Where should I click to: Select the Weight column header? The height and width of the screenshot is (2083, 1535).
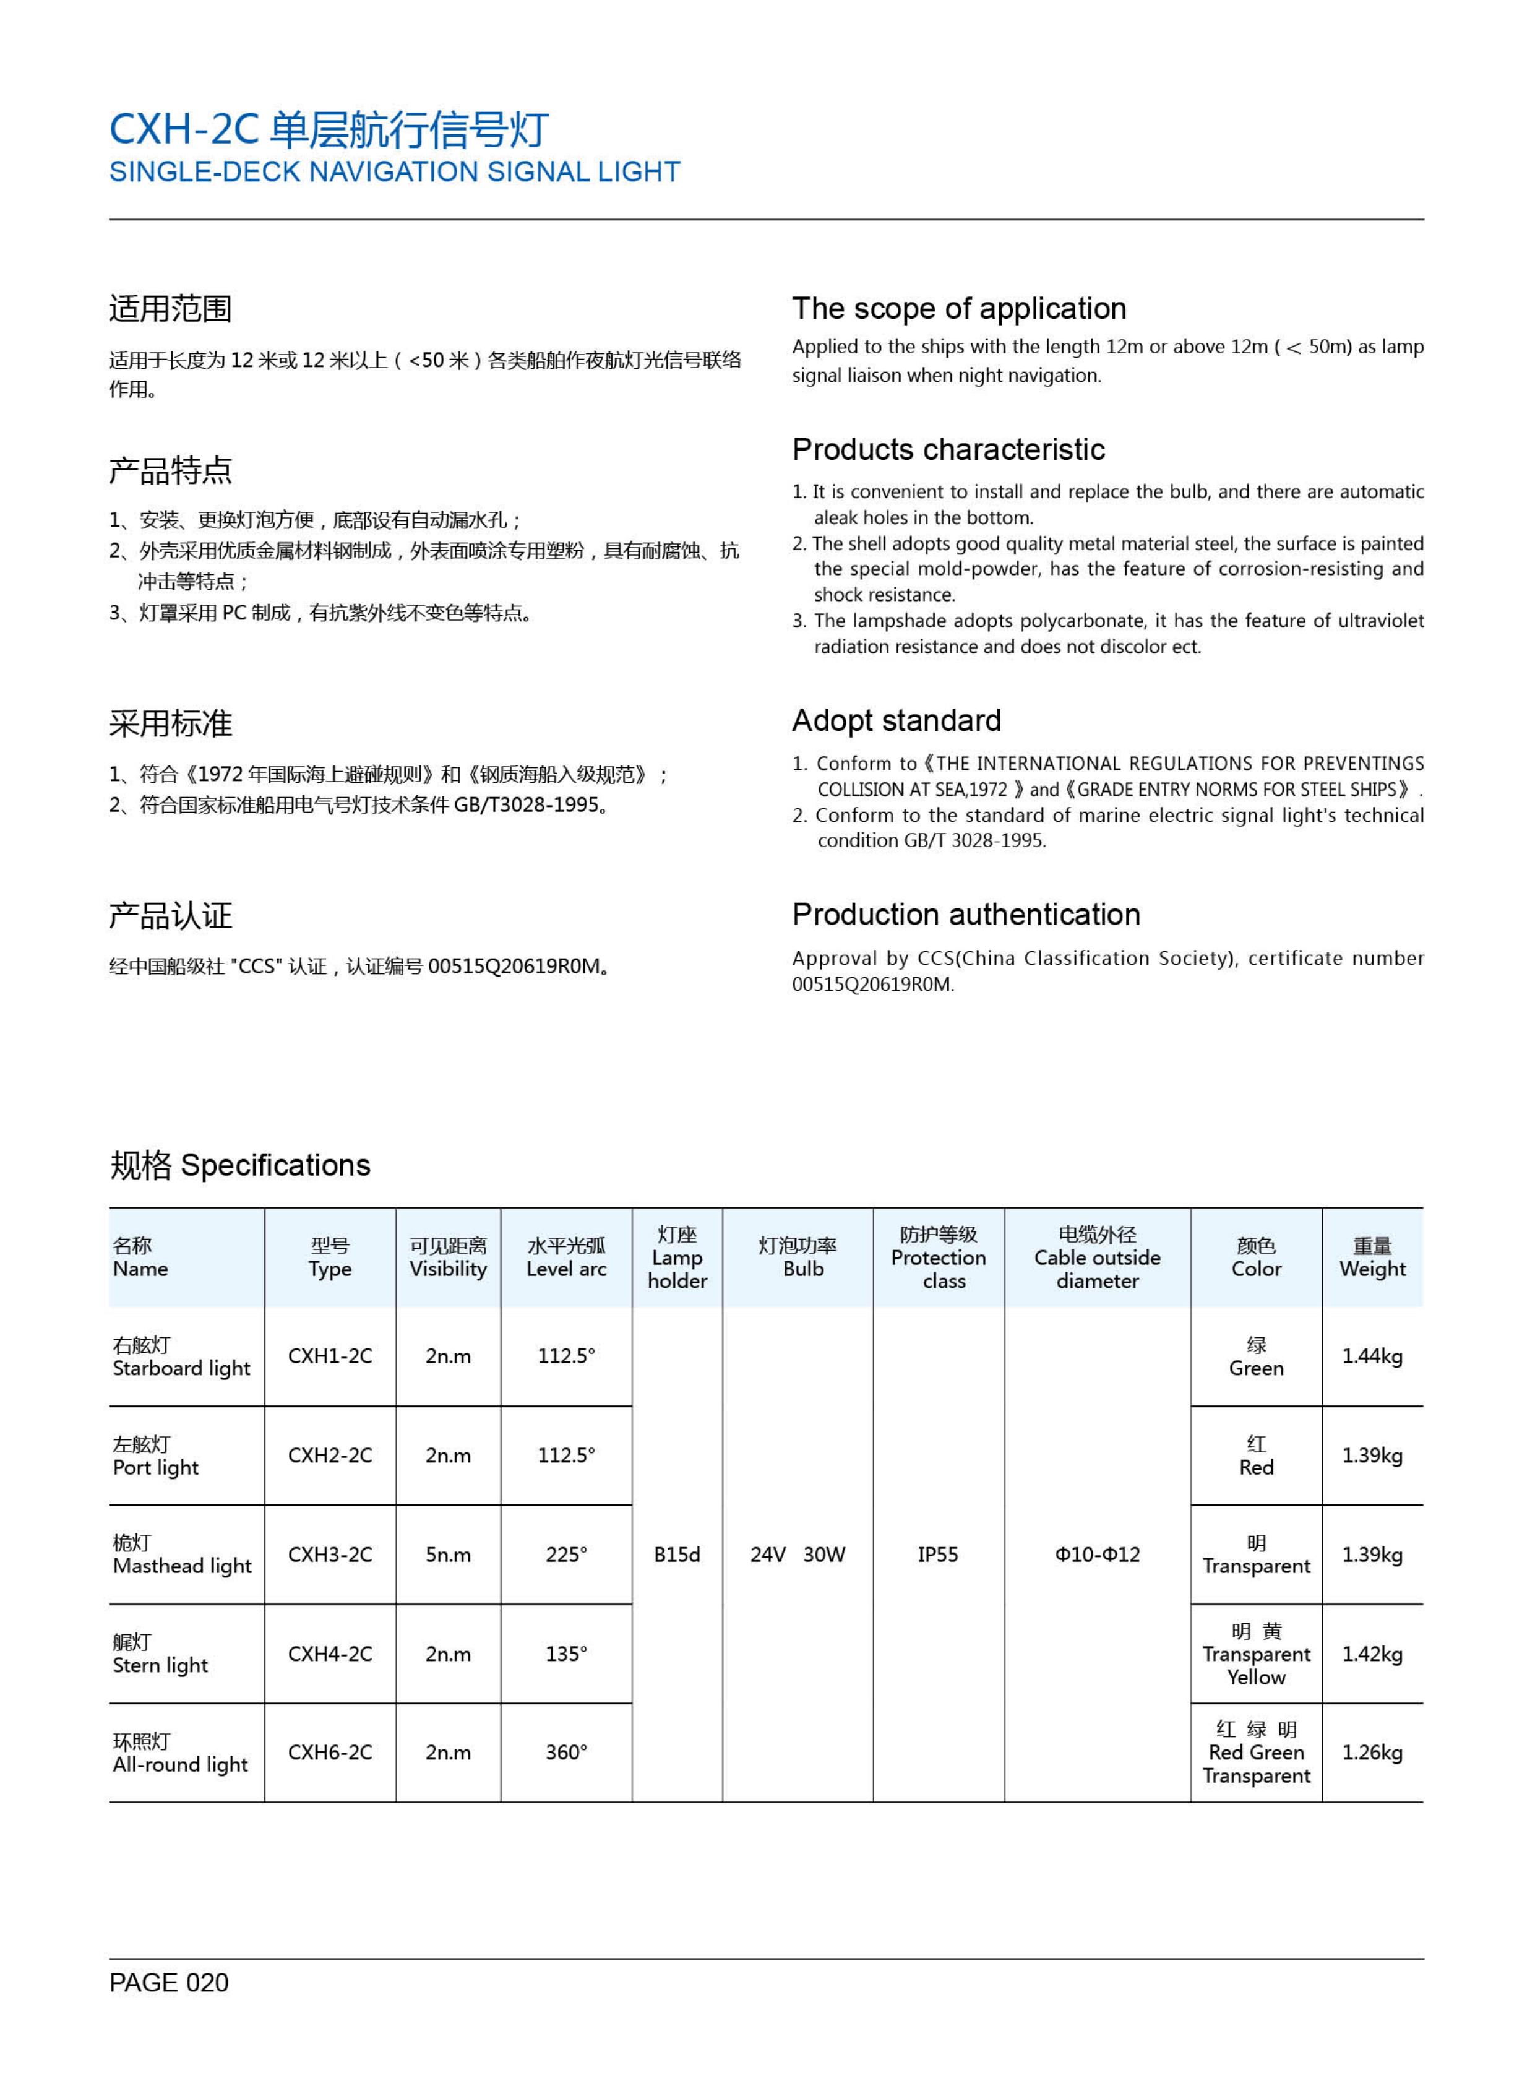click(1372, 1257)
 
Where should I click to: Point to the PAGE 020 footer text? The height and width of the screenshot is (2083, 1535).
click(168, 1983)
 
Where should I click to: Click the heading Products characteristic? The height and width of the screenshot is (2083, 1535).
click(948, 450)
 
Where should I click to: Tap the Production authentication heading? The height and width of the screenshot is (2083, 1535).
click(965, 915)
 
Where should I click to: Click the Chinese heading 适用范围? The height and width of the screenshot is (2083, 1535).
click(170, 309)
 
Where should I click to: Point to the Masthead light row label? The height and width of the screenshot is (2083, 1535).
click(182, 1555)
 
